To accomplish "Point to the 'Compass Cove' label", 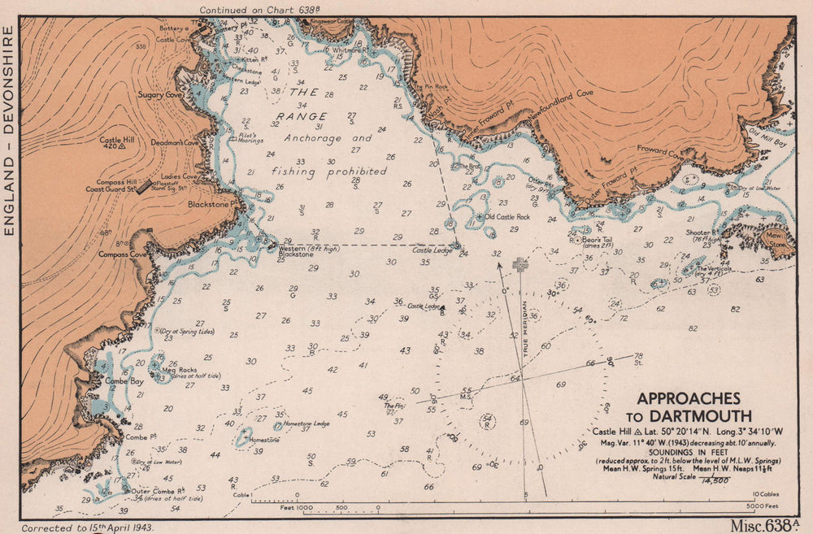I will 121,254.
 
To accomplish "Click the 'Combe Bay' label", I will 124,381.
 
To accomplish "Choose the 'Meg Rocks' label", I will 180,371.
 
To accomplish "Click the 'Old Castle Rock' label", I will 506,217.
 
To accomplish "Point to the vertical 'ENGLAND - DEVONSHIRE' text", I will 10,130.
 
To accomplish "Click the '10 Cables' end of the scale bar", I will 767,493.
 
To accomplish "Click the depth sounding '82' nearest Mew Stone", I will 736,309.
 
